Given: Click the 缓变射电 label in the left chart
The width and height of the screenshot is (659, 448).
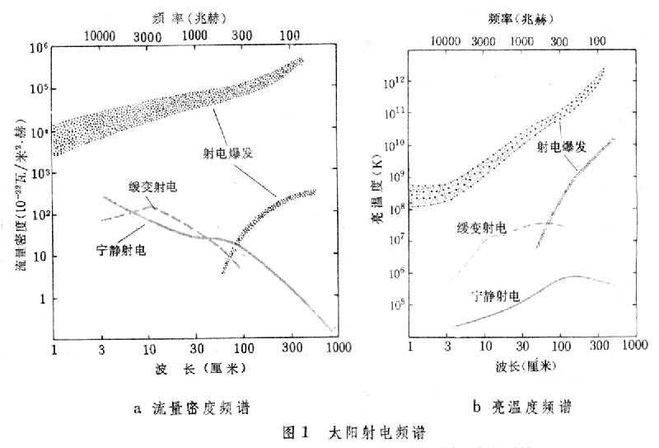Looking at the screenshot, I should (153, 186).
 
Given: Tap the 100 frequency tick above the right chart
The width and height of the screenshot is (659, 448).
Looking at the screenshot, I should (596, 40).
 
